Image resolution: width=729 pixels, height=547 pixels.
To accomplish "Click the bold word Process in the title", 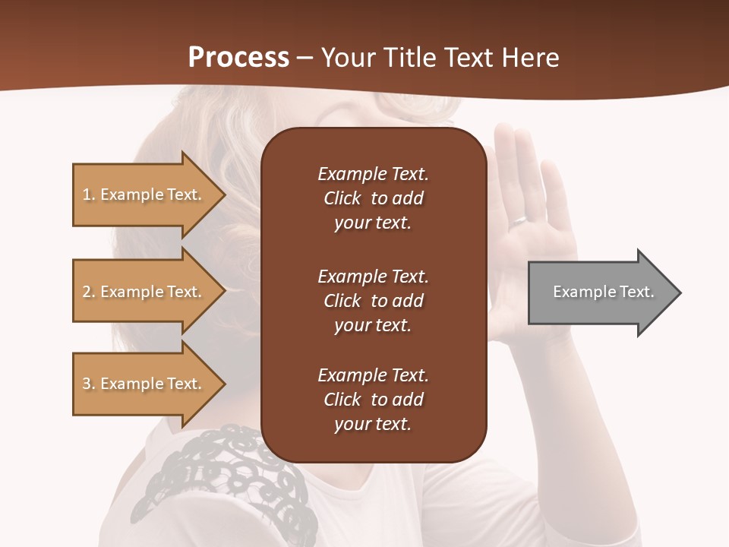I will pyautogui.click(x=238, y=58).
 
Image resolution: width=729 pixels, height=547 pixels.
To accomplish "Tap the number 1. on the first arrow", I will pyautogui.click(x=90, y=194).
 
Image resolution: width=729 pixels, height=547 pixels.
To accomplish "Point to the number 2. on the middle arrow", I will pyautogui.click(x=90, y=292).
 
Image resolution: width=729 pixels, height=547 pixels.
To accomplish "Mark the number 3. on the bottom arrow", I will pyautogui.click(x=90, y=384).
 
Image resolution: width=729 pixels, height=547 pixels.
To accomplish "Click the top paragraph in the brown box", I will pyautogui.click(x=373, y=198).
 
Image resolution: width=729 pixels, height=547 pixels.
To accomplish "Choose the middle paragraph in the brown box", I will pyautogui.click(x=373, y=300).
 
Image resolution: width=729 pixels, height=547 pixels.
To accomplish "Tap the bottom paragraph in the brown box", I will pyautogui.click(x=373, y=400).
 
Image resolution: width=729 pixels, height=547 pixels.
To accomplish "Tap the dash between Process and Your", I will pyautogui.click(x=305, y=58).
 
